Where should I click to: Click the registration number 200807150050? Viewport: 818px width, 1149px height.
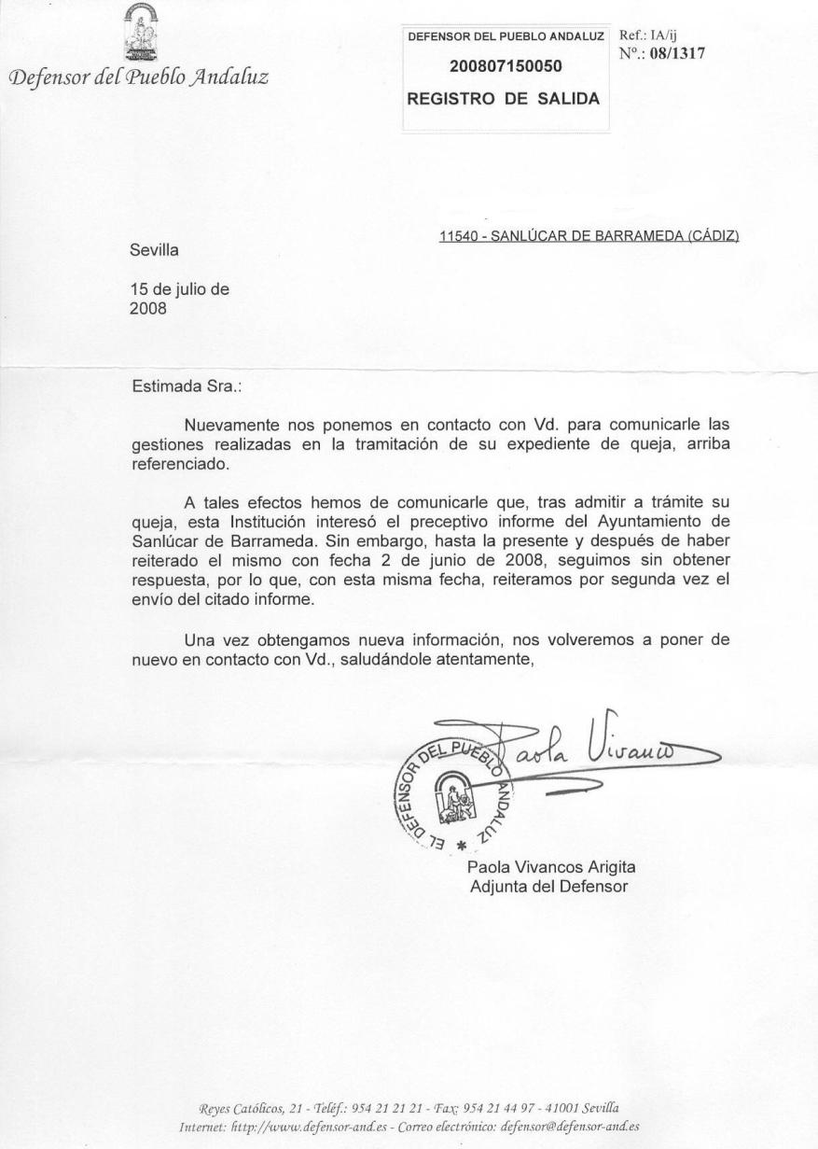506,67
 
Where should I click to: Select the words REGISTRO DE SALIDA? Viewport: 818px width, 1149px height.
503,98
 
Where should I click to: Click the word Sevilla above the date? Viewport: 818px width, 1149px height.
154,250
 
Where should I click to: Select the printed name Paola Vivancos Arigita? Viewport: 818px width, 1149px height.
551,867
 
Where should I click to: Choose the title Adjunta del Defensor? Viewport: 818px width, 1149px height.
548,885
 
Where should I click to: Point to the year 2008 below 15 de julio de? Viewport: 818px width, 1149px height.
148,307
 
